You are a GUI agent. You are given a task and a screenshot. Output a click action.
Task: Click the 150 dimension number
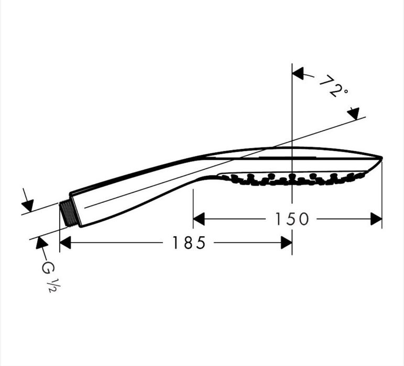click(292, 219)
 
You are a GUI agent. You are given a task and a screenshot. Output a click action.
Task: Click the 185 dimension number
click(189, 243)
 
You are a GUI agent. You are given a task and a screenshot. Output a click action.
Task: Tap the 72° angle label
click(333, 86)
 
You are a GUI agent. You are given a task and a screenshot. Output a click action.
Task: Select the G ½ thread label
click(49, 276)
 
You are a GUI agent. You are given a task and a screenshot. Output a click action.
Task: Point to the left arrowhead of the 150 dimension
click(199, 219)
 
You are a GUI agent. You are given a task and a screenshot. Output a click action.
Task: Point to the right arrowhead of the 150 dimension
click(376, 219)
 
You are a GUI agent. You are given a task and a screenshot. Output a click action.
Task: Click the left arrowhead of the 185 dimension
click(65, 243)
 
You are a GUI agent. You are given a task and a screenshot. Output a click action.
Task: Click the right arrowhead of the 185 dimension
click(286, 243)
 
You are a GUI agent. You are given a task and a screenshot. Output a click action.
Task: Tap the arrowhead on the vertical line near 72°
click(298, 74)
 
